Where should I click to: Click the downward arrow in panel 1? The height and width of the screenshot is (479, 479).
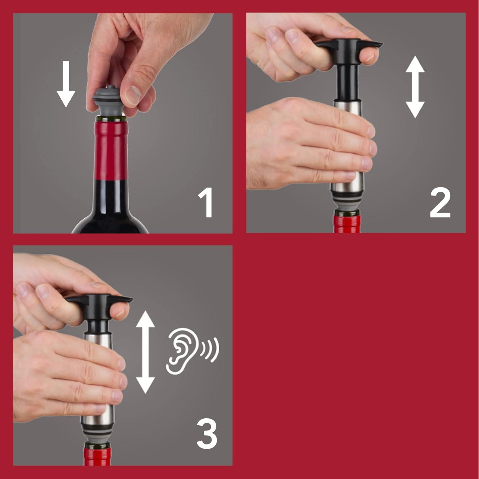tap(66, 84)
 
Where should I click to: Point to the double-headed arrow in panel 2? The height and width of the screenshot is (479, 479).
tap(415, 87)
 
